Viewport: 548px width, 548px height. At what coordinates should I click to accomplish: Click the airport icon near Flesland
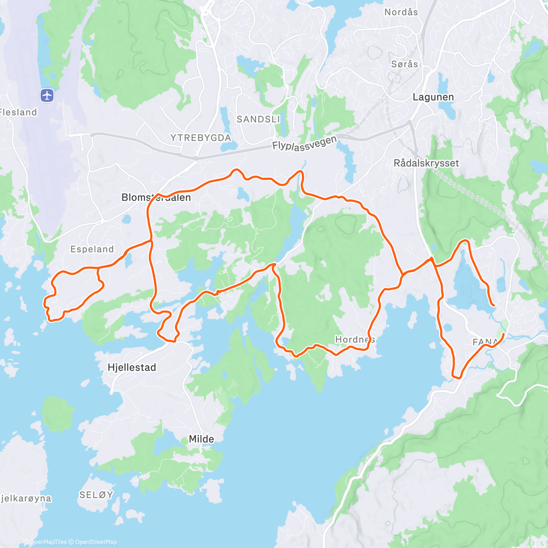pyautogui.click(x=47, y=95)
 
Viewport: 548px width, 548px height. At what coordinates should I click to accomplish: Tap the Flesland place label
pyautogui.click(x=18, y=112)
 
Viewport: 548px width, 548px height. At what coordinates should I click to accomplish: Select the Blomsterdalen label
pyautogui.click(x=156, y=197)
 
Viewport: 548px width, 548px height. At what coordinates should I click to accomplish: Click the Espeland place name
pyautogui.click(x=92, y=249)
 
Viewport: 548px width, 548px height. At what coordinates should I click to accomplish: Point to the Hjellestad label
pyautogui.click(x=132, y=367)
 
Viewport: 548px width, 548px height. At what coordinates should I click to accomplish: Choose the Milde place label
pyautogui.click(x=201, y=439)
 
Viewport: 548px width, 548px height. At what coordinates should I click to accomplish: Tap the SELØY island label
pyautogui.click(x=96, y=495)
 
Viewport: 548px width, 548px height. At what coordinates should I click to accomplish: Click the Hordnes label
pyautogui.click(x=355, y=339)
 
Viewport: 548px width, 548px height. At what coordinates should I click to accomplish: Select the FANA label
pyautogui.click(x=485, y=342)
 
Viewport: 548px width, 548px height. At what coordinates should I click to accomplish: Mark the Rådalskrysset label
pyautogui.click(x=426, y=163)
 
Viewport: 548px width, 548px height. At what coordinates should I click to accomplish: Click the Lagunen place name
pyautogui.click(x=433, y=97)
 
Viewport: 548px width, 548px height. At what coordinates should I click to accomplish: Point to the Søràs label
pyautogui.click(x=404, y=64)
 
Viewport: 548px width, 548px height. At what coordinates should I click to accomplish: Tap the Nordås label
pyautogui.click(x=401, y=12)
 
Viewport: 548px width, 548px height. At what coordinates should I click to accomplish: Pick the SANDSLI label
pyautogui.click(x=258, y=119)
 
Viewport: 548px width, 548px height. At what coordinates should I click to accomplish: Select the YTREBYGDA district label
pyautogui.click(x=200, y=137)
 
